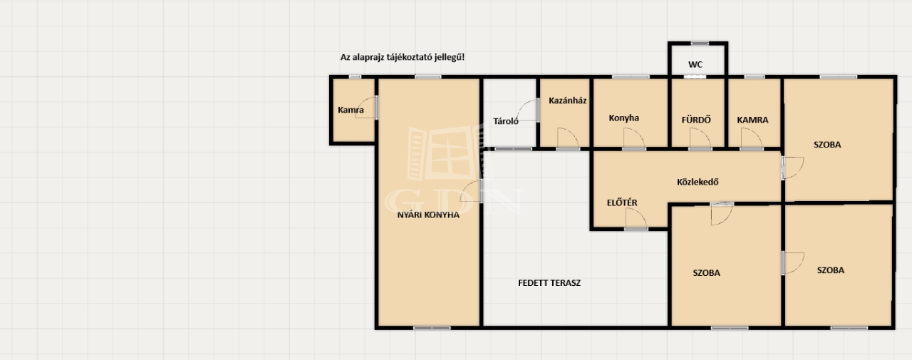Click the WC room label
[695, 64]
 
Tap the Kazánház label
[567, 101]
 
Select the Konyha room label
[623, 118]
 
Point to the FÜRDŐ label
[696, 120]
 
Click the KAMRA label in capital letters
[752, 120]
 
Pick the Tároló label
[506, 121]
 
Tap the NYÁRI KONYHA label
[428, 215]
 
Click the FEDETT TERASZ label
[549, 283]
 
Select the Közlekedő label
[698, 182]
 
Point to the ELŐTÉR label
[622, 202]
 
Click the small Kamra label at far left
[351, 110]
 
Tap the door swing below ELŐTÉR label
[636, 219]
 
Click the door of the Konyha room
[634, 138]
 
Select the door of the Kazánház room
[568, 138]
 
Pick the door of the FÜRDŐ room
[700, 138]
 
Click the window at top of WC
[700, 43]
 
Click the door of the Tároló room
[528, 110]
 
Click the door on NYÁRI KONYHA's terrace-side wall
[471, 191]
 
